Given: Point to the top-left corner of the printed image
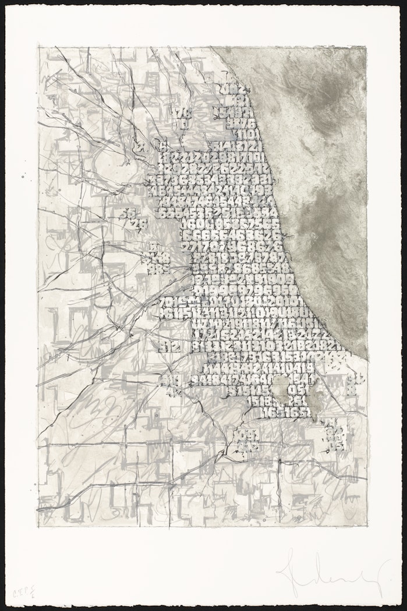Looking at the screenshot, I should pyautogui.click(x=38, y=47).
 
